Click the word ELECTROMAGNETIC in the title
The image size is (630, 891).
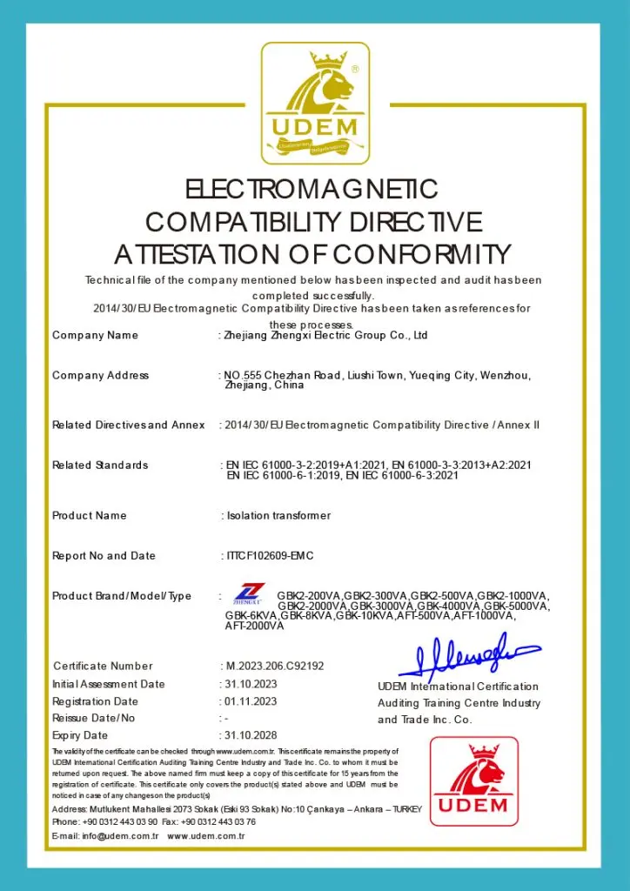312,189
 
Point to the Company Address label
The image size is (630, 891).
100,376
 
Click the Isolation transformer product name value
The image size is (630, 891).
278,516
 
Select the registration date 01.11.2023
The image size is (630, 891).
251,701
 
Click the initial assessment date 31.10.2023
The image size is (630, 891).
251,685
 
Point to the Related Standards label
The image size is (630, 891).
100,466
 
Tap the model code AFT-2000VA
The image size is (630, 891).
254,626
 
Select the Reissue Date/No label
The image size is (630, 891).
94,719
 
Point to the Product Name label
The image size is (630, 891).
90,516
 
